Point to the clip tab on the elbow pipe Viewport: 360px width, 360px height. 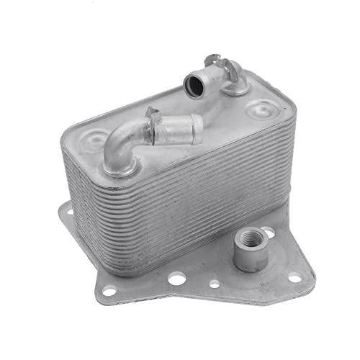tap(153, 116)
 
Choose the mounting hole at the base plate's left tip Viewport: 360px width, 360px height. tap(66, 215)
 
